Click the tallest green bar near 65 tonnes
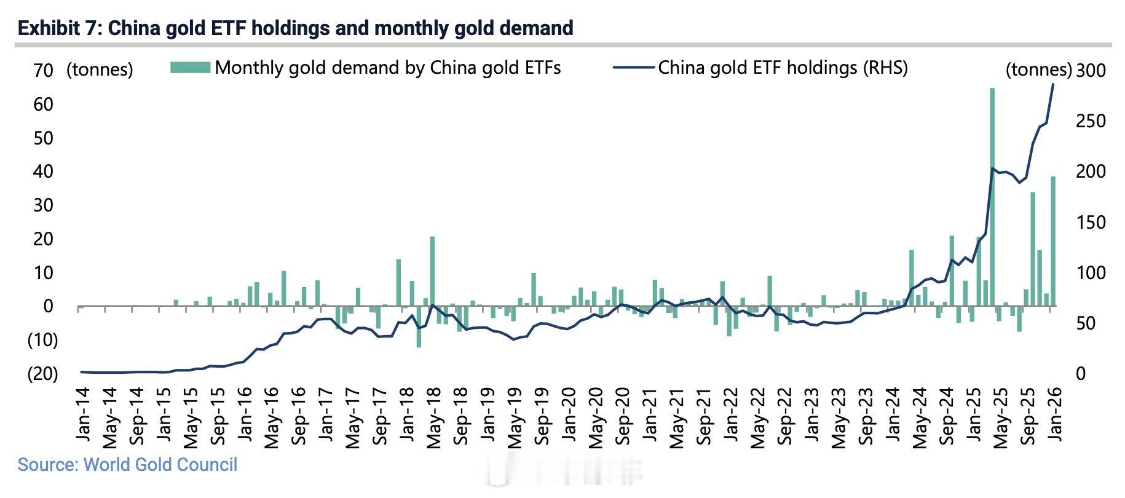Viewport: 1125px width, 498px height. coord(992,197)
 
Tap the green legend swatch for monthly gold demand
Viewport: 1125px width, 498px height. coord(190,67)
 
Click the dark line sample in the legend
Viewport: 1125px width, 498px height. coord(633,67)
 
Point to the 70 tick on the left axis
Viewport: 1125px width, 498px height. coord(44,71)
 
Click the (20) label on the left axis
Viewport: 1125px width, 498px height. coord(42,373)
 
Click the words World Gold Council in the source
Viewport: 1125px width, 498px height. coord(160,464)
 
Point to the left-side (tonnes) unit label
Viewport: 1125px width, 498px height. coord(100,69)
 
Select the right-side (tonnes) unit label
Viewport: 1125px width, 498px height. coord(1038,69)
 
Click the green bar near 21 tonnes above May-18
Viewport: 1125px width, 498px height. coord(432,271)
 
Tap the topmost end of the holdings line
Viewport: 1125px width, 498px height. coord(1053,84)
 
